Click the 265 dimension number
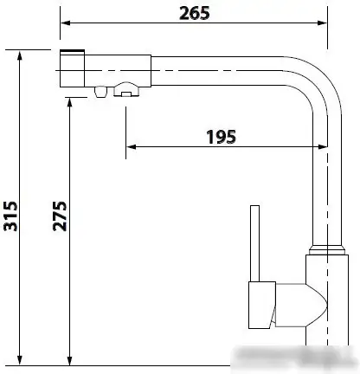(195, 14)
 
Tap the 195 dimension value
(222, 137)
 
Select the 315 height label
(10, 216)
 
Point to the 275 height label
(60, 216)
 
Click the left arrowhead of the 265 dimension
(65, 23)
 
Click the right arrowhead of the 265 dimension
(323, 23)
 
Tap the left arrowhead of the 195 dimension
(131, 147)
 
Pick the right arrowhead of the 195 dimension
(323, 147)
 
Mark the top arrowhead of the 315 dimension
(20, 55)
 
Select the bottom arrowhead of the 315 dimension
(20, 360)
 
